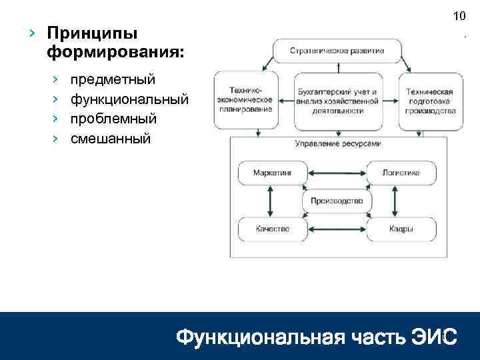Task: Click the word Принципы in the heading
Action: pyautogui.click(x=93, y=33)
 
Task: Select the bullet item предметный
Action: pyautogui.click(x=113, y=80)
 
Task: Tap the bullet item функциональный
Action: pyautogui.click(x=129, y=99)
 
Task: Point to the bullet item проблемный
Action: pyautogui.click(x=114, y=119)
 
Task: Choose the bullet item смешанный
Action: pyautogui.click(x=111, y=139)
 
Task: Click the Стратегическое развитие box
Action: pyautogui.click(x=337, y=51)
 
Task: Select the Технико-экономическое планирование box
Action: pyautogui.click(x=245, y=100)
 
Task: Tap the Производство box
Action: pyautogui.click(x=337, y=201)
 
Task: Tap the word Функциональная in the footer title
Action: pyautogui.click(x=253, y=338)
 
